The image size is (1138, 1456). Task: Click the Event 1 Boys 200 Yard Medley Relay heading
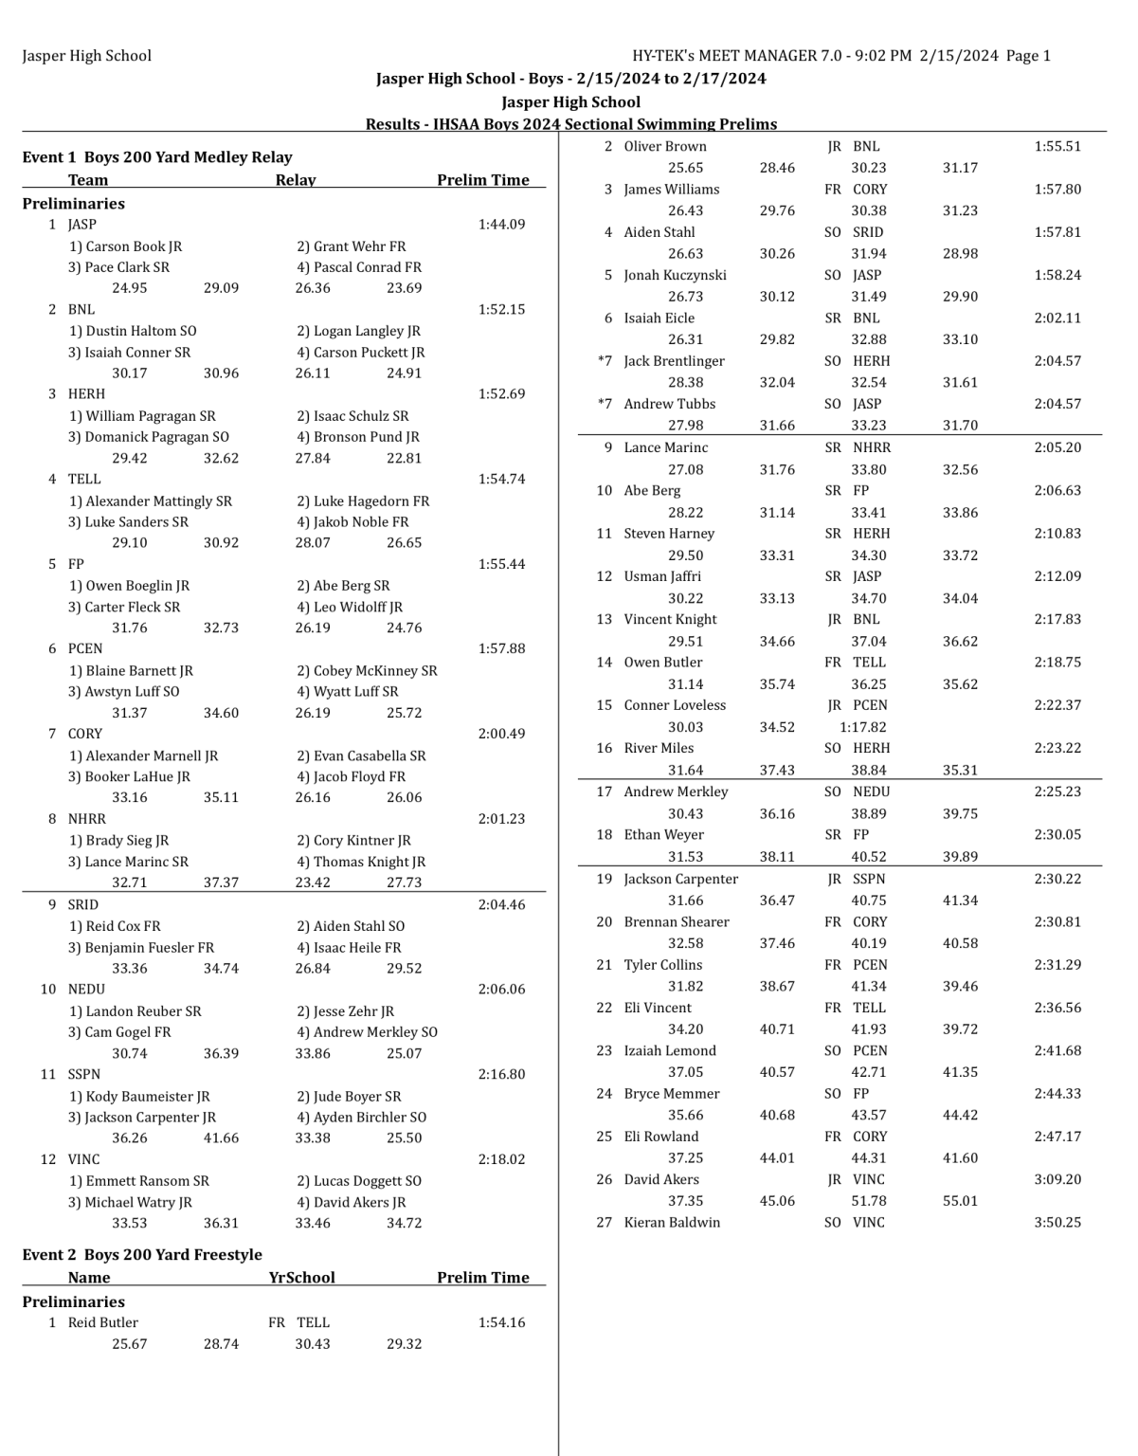tap(157, 157)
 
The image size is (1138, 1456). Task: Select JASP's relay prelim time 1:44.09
tap(501, 225)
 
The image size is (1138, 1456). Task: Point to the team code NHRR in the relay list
tap(86, 819)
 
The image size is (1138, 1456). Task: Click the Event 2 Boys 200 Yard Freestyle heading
tap(142, 1255)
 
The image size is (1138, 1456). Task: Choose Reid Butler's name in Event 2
tap(102, 1322)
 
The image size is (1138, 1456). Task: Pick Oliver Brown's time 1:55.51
tap(1057, 147)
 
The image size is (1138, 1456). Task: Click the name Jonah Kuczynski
tap(675, 275)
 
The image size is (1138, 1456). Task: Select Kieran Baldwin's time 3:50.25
tap(1057, 1223)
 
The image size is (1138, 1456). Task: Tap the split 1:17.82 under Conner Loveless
tap(863, 727)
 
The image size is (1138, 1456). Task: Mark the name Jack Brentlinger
tap(674, 361)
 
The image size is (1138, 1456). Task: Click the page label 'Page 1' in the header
tap(1028, 56)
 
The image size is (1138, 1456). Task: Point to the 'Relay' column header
tap(296, 180)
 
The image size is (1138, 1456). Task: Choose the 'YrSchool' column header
tap(301, 1278)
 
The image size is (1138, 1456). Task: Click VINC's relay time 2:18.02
tap(501, 1159)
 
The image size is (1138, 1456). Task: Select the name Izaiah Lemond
tap(670, 1050)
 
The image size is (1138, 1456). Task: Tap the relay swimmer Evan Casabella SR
tap(361, 755)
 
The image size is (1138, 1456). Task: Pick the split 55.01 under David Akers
tap(960, 1201)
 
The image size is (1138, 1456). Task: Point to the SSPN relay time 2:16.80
tap(501, 1074)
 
